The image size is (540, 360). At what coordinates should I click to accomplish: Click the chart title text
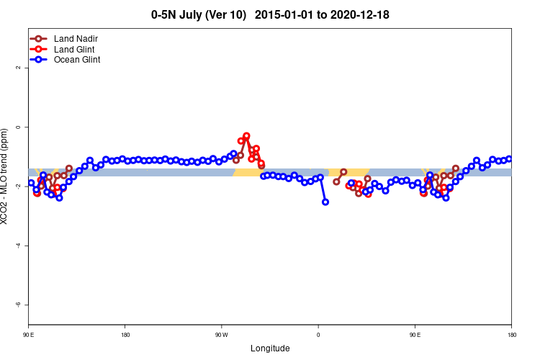[x=270, y=14]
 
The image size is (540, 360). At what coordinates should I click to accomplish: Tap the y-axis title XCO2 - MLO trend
[x=6, y=176]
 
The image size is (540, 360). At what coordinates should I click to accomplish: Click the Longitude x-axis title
[x=270, y=348]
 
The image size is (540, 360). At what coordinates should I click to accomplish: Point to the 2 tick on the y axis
[x=19, y=68]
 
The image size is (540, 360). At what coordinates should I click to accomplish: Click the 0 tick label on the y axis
[x=19, y=127]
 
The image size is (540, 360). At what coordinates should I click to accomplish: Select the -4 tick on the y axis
[x=19, y=246]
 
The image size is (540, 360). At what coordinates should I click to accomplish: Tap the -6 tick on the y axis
[x=19, y=305]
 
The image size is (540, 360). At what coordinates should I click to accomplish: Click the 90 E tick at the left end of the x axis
[x=29, y=335]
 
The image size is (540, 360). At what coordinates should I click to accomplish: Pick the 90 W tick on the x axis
[x=221, y=335]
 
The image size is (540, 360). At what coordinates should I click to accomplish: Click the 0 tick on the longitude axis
[x=318, y=335]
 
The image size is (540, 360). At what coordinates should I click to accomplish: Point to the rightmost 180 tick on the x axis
[x=511, y=335]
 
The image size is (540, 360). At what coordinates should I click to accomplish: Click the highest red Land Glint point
[x=246, y=136]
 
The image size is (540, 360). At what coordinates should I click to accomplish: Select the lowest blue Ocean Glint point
[x=325, y=202]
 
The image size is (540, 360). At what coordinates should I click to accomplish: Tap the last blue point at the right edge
[x=509, y=159]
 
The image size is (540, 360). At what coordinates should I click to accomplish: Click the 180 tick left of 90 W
[x=125, y=335]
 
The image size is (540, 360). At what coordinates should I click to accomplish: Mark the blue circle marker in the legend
[x=38, y=60]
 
